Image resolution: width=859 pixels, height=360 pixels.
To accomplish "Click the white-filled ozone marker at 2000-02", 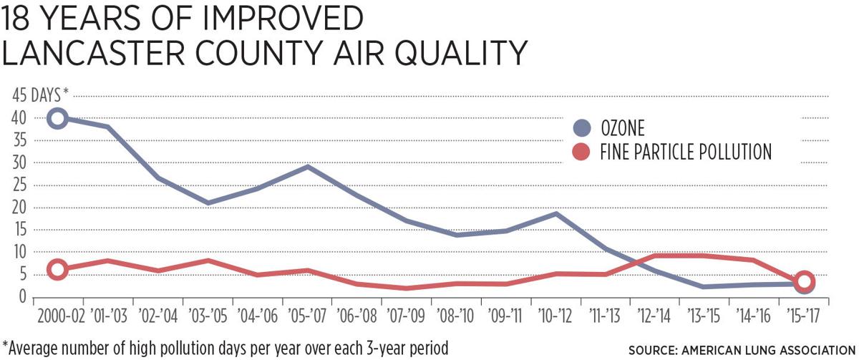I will [57, 118].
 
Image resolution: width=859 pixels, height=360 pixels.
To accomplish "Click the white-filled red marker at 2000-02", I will [57, 269].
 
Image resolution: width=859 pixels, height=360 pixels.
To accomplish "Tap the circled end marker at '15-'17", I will [804, 282].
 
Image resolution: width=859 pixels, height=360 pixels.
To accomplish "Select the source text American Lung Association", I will [764, 350].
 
